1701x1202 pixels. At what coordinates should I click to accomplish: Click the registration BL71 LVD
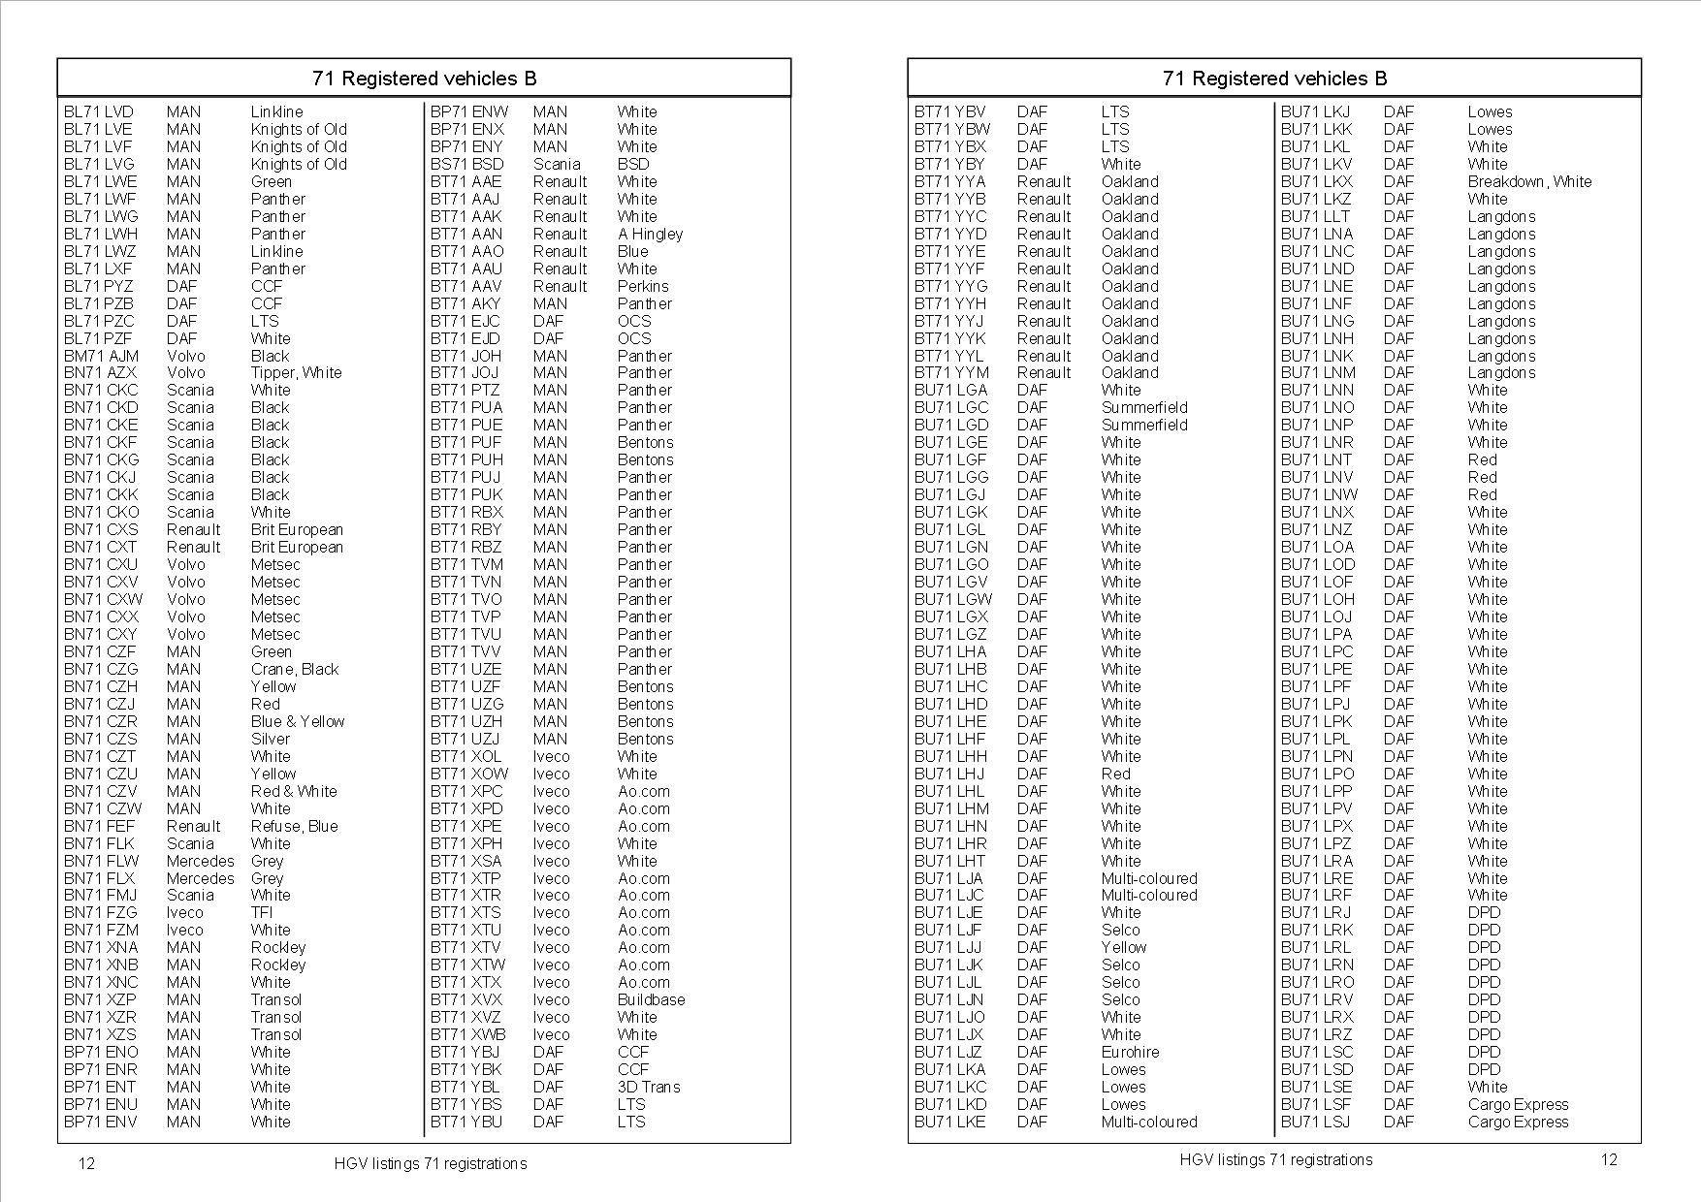click(98, 112)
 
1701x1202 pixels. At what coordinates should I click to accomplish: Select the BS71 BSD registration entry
click(466, 165)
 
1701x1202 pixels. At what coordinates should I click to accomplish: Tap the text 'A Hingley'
click(650, 235)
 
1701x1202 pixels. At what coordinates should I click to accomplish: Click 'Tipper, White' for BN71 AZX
click(296, 373)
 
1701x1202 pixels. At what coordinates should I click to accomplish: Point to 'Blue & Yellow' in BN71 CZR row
click(297, 722)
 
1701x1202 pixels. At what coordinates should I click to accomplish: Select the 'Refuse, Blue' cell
click(294, 827)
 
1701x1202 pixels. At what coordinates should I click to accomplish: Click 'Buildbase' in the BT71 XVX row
click(651, 1000)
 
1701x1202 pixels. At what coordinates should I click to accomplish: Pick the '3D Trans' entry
click(648, 1088)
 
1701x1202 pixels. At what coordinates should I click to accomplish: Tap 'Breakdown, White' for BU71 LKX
click(1528, 182)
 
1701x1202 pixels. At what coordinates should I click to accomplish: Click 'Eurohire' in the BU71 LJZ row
click(1130, 1053)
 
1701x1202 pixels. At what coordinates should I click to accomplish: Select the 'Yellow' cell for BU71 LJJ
click(1123, 948)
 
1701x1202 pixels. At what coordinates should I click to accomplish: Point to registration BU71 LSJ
click(1314, 1123)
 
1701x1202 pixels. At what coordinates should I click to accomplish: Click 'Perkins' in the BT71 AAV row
click(643, 287)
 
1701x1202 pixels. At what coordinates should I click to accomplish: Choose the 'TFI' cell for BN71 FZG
click(262, 913)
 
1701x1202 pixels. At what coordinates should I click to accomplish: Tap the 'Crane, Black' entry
click(294, 670)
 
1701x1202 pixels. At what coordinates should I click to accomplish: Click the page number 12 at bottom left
click(86, 1163)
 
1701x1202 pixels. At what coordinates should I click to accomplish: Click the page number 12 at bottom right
click(1608, 1159)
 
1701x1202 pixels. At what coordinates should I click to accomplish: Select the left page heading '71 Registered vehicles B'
click(424, 79)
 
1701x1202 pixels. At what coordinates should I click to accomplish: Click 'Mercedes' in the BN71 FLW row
click(200, 862)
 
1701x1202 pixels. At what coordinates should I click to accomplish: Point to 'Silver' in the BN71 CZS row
click(270, 740)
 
